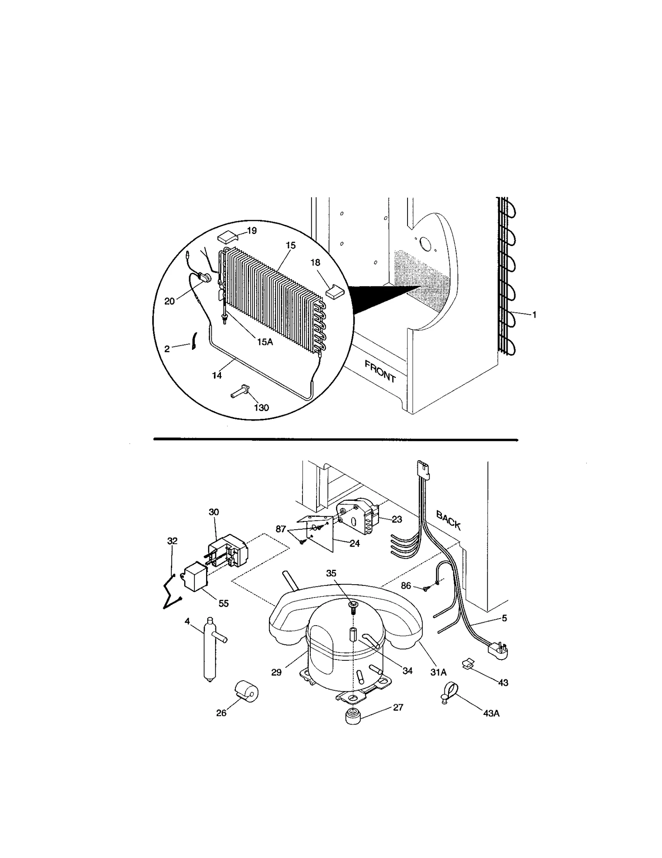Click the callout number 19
tap(252, 230)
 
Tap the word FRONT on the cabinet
tap(380, 371)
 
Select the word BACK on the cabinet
tap(449, 520)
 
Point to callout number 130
tap(261, 408)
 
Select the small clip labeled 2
tap(193, 341)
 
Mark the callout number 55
tap(223, 603)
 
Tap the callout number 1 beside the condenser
tap(534, 315)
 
